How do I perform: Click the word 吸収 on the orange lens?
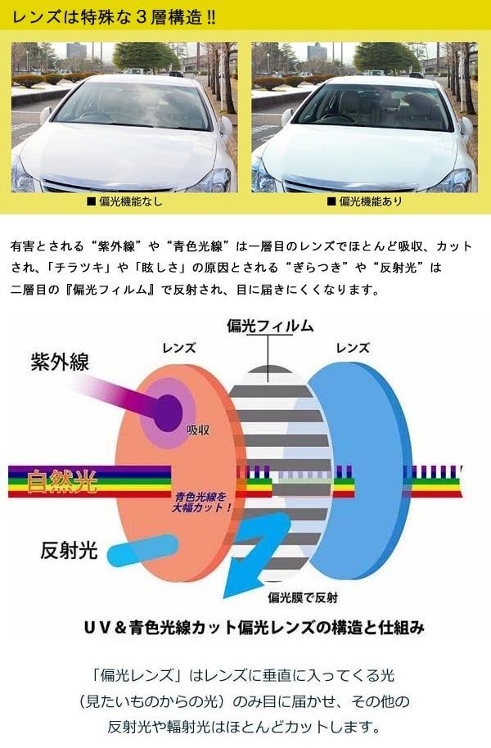pos(197,428)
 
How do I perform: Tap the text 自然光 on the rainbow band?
pos(61,481)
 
